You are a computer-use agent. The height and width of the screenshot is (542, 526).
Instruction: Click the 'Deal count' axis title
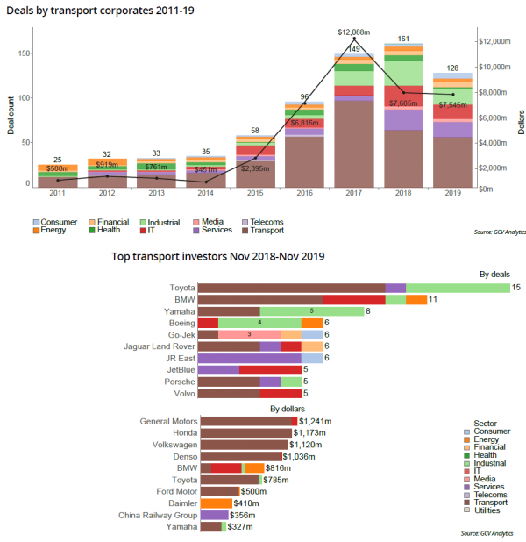11,112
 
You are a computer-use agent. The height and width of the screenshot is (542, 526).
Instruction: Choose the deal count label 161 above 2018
404,39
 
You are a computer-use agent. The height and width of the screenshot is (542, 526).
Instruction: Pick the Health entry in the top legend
105,231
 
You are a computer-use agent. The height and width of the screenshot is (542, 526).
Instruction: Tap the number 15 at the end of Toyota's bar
516,288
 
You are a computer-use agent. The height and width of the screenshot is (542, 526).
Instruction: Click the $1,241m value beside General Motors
316,422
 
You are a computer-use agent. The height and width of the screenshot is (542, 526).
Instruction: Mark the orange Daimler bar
217,503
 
